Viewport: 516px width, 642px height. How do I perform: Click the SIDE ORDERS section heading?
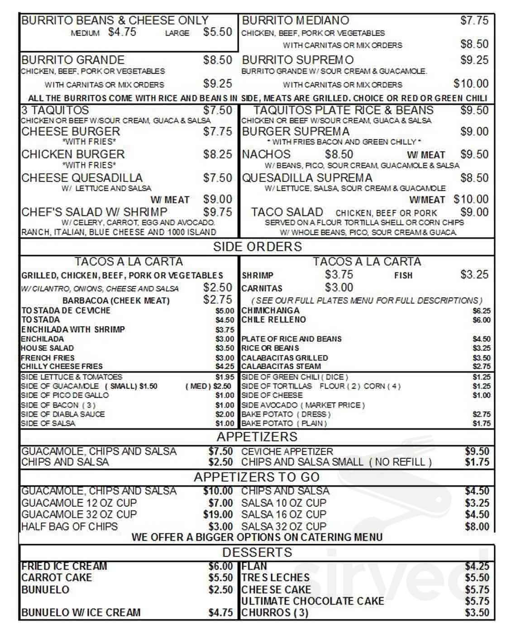(257, 247)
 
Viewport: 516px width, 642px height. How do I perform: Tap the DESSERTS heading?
(257, 552)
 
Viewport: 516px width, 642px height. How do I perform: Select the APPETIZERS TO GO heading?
(257, 477)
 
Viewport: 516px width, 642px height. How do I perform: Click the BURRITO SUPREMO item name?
(298, 60)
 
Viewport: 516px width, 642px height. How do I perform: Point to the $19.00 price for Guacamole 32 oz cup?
(218, 514)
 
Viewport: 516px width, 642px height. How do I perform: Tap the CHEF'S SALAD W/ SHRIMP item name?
(94, 212)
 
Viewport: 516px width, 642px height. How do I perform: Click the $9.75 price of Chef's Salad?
(217, 212)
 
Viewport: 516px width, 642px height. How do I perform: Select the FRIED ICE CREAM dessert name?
(64, 566)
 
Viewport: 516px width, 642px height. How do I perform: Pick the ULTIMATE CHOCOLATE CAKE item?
(312, 601)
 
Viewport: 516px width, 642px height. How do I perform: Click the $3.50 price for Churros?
(477, 613)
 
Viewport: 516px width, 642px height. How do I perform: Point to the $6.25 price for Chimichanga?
(481, 311)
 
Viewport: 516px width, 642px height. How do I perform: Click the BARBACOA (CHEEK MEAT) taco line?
(116, 300)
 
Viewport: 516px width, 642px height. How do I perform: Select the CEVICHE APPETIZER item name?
(287, 452)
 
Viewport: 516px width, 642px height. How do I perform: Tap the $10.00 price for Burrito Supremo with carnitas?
(471, 84)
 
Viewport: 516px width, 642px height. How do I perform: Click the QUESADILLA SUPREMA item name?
(307, 178)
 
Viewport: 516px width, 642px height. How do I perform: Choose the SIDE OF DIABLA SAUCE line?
(63, 414)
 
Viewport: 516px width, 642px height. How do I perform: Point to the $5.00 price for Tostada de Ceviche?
(225, 311)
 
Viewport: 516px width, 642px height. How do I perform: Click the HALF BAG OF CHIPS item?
(69, 527)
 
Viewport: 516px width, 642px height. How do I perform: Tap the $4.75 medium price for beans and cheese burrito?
(122, 32)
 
